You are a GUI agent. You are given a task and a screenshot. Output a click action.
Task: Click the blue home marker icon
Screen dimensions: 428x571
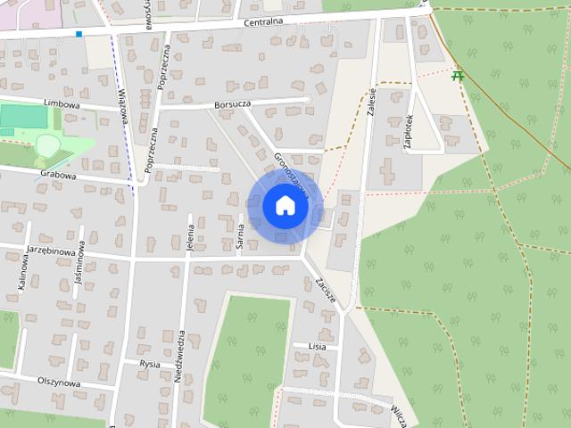click(x=285, y=206)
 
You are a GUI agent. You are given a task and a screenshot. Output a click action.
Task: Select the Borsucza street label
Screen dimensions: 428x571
click(x=234, y=104)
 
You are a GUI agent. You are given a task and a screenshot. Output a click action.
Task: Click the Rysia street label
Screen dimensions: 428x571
click(x=150, y=364)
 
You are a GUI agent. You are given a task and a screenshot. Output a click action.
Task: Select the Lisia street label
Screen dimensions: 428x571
click(x=317, y=345)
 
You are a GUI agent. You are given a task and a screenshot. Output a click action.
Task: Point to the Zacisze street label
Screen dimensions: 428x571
click(x=326, y=291)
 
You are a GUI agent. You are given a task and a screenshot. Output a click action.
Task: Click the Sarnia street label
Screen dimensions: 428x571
click(x=241, y=238)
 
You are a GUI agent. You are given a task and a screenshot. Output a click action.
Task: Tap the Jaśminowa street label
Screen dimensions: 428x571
click(x=79, y=267)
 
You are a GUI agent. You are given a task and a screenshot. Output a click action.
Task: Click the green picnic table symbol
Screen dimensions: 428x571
click(x=459, y=76)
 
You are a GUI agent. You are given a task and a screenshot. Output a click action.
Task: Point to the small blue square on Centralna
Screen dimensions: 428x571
click(x=79, y=35)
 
